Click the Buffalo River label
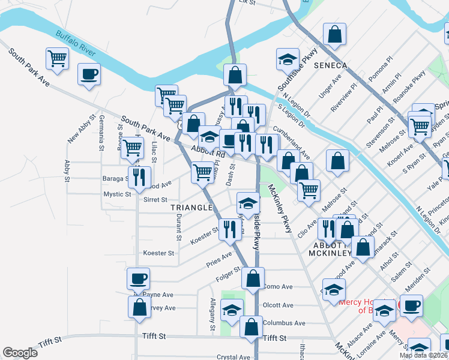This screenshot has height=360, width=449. [x=76, y=43]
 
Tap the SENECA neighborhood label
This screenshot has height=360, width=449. [x=329, y=65]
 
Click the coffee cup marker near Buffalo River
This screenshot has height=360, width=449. [x=89, y=74]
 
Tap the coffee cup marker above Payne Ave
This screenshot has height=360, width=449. [x=138, y=278]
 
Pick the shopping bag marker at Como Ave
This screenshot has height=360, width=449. [x=253, y=278]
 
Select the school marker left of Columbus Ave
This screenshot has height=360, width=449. [x=232, y=310]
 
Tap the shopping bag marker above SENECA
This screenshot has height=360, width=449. [x=334, y=34]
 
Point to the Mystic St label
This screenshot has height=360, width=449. [x=117, y=194]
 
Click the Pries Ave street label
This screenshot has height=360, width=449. [x=219, y=259]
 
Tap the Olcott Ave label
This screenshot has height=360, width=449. [x=278, y=305]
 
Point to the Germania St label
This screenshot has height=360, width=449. [x=101, y=133]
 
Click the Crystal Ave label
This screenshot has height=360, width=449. [x=234, y=357]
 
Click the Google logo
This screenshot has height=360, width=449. [x=20, y=353]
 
